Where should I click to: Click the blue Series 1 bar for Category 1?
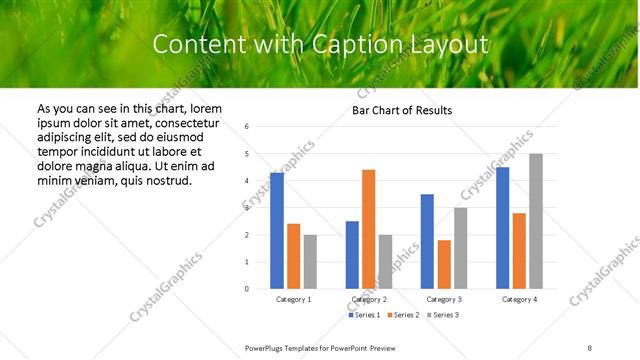pyautogui.click(x=277, y=231)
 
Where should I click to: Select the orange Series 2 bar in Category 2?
pyautogui.click(x=368, y=229)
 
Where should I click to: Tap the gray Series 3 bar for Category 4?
pyautogui.click(x=536, y=221)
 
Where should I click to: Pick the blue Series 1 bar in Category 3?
pyautogui.click(x=427, y=241)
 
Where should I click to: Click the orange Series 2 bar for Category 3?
pyautogui.click(x=444, y=264)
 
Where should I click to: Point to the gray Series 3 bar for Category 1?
pyautogui.click(x=310, y=262)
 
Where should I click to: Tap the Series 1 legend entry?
pyautogui.click(x=365, y=315)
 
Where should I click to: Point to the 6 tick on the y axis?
pyautogui.click(x=246, y=127)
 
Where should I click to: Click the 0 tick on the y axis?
pyautogui.click(x=246, y=289)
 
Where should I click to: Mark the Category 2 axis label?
pyautogui.click(x=369, y=299)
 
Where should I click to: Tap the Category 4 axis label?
pyautogui.click(x=519, y=299)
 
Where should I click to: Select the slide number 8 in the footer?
pyautogui.click(x=589, y=347)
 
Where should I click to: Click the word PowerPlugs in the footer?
pyautogui.click(x=267, y=347)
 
